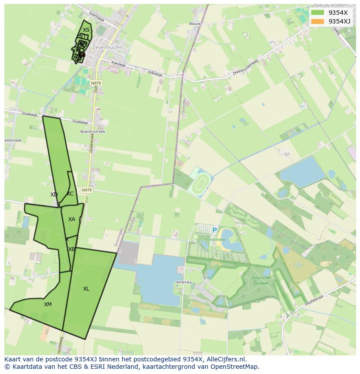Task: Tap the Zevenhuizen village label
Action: click(107, 47)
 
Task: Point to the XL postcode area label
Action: click(86, 289)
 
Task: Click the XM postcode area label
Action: click(48, 304)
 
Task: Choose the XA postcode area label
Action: click(72, 219)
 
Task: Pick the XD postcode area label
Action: click(54, 195)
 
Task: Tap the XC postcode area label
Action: click(70, 194)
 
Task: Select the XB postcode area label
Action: click(72, 249)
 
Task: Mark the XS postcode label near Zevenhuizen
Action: click(86, 30)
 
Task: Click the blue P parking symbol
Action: click(214, 231)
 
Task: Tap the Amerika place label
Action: click(183, 282)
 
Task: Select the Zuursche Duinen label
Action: click(260, 280)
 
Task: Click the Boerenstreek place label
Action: click(93, 131)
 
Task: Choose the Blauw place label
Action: click(195, 24)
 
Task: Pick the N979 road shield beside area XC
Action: click(87, 190)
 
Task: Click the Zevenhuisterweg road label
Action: click(245, 68)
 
